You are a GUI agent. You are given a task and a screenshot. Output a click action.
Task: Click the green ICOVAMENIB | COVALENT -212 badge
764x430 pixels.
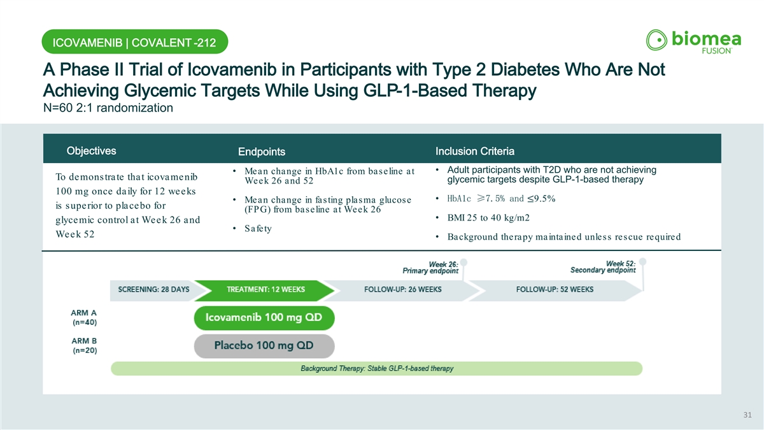click(135, 41)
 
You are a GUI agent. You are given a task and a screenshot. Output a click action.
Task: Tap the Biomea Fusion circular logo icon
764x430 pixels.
click(656, 40)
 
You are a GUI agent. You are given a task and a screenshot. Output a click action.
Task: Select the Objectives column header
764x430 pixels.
click(92, 151)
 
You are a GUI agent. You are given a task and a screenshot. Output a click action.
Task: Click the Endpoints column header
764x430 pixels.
click(262, 152)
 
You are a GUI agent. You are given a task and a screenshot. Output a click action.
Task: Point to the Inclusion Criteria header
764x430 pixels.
click(475, 151)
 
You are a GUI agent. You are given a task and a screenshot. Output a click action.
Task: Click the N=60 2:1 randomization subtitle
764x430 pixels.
click(108, 108)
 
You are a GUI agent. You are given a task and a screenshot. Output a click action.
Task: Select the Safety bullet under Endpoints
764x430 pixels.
click(258, 228)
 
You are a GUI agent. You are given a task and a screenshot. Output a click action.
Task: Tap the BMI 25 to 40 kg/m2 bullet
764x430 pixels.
click(488, 218)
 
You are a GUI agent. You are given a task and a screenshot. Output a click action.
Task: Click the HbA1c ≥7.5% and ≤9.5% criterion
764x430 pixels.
click(502, 199)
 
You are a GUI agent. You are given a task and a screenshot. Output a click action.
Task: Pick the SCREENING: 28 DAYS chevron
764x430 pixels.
click(154, 290)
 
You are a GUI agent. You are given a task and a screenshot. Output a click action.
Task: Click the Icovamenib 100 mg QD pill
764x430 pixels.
click(264, 318)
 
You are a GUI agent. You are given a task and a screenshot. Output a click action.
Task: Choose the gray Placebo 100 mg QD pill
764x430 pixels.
click(264, 346)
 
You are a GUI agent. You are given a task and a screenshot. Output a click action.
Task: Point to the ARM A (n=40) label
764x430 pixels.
click(84, 317)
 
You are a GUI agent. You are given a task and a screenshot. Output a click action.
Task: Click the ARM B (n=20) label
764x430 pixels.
click(84, 345)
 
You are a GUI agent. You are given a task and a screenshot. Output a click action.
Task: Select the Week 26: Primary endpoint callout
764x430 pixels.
click(430, 268)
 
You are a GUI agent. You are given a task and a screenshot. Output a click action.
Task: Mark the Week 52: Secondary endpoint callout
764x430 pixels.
click(603, 267)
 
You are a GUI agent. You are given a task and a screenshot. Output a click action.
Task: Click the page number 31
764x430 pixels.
click(747, 415)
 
